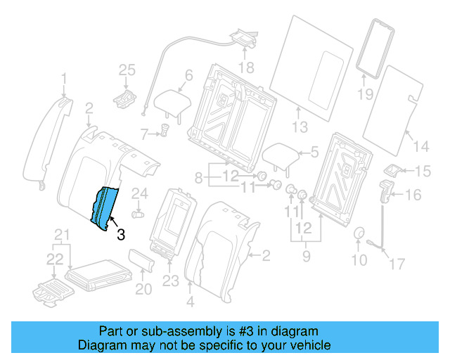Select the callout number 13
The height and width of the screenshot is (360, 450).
click(300, 127)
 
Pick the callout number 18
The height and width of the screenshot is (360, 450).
click(245, 67)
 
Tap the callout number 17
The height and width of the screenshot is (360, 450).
click(397, 264)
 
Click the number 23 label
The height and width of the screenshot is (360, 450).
click(172, 282)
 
